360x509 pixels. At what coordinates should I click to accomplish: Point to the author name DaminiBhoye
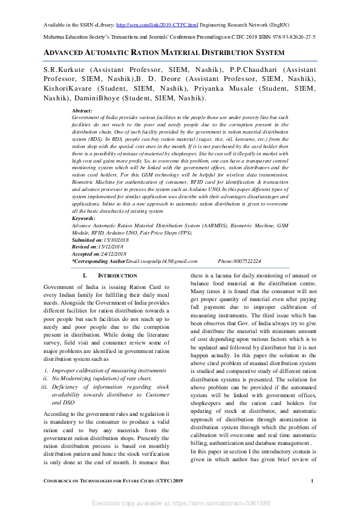coord(91,98)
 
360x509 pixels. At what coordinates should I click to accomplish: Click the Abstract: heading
coord(82,111)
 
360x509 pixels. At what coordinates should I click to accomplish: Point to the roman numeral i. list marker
coord(47,369)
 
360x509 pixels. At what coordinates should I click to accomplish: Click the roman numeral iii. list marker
coord(44,386)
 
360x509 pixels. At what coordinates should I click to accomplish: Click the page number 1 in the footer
coord(312,481)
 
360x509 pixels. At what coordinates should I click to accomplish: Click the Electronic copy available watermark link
coord(180,503)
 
